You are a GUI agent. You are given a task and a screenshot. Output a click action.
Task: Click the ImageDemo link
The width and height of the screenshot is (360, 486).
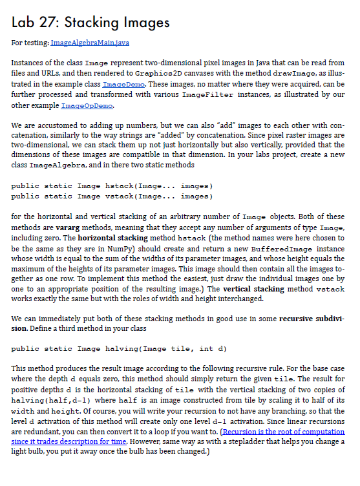(x=120, y=84)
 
